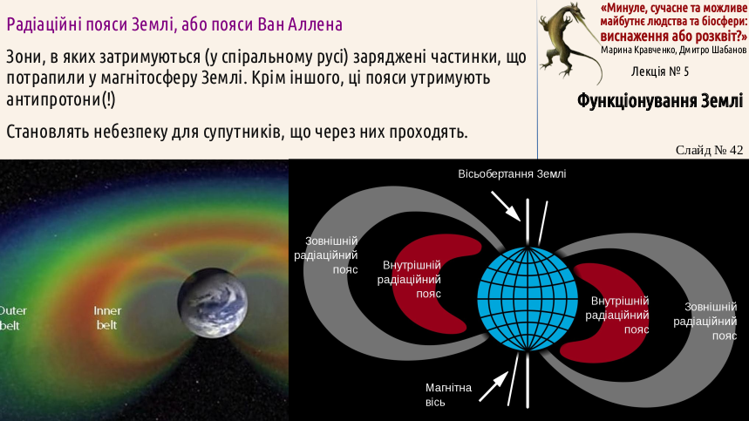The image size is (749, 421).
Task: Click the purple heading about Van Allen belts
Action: pos(174,24)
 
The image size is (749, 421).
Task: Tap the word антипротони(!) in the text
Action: pos(61,99)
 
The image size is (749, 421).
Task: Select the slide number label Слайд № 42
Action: pos(710,150)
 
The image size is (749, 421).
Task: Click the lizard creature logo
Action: pos(569,42)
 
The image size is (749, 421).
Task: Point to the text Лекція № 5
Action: pos(660,71)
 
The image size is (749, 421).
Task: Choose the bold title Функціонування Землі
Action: pos(660,101)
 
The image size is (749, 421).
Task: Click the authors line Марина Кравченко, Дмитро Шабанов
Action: pos(673,51)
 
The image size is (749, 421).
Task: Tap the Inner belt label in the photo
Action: pos(107,318)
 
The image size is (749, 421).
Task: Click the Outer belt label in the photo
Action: pos(12,318)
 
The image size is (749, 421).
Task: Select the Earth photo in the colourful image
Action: pos(213,302)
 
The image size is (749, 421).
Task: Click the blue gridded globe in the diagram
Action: pos(528,299)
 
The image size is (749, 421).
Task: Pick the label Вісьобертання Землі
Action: pos(512,173)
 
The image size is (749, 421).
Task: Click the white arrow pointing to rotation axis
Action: pos(506,207)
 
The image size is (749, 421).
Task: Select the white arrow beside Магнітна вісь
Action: pos(494,387)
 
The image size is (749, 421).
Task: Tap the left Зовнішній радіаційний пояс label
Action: pos(326,255)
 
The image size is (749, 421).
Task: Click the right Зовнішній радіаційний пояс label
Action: pos(705,321)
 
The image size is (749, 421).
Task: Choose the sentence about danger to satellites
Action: pos(237,132)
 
